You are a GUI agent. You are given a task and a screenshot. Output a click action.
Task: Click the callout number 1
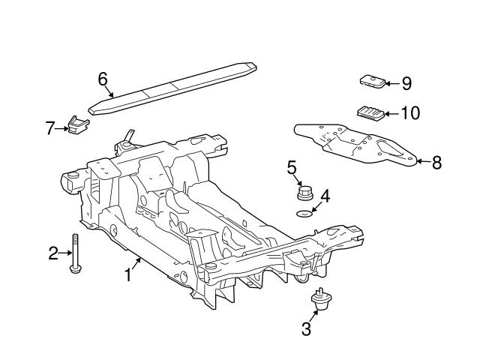[x=128, y=275]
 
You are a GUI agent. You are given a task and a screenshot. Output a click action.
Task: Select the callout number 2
[x=53, y=253]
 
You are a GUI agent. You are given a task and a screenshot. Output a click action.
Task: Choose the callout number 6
[x=103, y=78]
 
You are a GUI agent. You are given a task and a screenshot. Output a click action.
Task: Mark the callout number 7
[x=50, y=128]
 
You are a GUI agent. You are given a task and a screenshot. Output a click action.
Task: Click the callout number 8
[x=436, y=161]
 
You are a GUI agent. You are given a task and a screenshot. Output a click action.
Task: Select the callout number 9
[x=406, y=83]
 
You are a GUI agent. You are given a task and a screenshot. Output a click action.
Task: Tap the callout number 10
[x=410, y=113]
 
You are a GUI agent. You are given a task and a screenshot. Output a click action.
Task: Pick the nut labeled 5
[x=304, y=193]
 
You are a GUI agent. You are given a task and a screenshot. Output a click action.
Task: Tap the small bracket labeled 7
[x=74, y=126]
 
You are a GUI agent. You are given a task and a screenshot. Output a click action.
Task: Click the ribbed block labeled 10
[x=370, y=112]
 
